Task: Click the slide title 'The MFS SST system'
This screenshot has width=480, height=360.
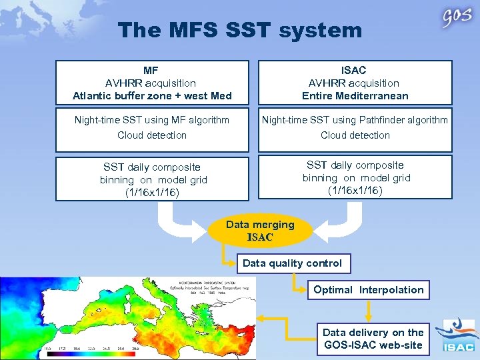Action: (x=240, y=30)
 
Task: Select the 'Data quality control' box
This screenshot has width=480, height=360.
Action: (x=292, y=263)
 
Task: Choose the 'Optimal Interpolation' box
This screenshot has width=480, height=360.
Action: (x=369, y=290)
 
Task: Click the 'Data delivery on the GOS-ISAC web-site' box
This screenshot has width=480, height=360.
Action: (x=373, y=338)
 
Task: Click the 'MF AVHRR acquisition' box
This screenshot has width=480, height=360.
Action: (x=152, y=83)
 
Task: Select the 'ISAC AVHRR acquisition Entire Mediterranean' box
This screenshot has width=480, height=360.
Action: (x=355, y=83)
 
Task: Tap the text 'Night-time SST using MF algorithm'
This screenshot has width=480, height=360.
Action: (x=152, y=120)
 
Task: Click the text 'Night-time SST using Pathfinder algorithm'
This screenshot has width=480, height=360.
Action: (x=355, y=120)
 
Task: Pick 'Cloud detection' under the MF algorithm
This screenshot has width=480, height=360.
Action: (x=152, y=135)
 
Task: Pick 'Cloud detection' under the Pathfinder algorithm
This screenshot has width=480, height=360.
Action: (x=355, y=135)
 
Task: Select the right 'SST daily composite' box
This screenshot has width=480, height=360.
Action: (x=356, y=178)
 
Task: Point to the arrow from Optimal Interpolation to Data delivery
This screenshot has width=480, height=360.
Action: (x=369, y=309)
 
